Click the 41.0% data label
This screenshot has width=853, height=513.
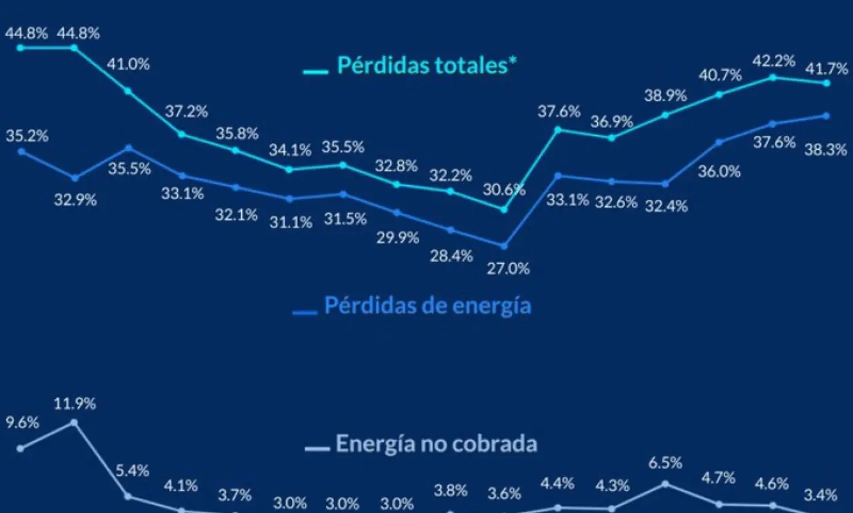point(129,65)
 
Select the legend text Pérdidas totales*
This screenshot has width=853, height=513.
point(427,65)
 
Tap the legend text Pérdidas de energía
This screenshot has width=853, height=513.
point(428,306)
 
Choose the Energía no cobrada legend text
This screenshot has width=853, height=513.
point(436,444)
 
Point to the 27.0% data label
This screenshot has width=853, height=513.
point(508,268)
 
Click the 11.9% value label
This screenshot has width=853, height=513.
point(75,404)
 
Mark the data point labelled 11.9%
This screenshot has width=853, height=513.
point(75,423)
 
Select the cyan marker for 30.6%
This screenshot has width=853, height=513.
point(504,210)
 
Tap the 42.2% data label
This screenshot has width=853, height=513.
point(774,61)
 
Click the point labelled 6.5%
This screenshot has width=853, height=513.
point(666,484)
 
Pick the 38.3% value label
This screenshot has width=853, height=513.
point(826,149)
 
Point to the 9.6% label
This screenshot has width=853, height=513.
point(22,423)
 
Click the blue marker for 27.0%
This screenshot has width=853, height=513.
point(504,247)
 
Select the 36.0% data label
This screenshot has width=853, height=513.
point(719,172)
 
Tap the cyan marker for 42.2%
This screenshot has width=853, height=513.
point(773,78)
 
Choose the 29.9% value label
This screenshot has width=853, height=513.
point(398,238)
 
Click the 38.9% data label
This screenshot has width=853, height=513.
point(666,95)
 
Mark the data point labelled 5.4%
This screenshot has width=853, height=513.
point(129,496)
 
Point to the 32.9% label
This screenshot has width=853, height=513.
point(75,200)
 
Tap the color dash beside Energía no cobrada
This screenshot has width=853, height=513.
point(317,449)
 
